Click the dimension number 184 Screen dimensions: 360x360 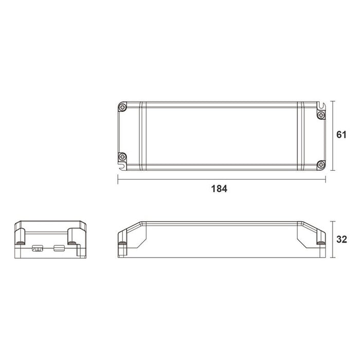pos(219,188)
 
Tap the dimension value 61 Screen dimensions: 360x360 pos(340,135)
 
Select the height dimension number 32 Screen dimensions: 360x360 pos(340,239)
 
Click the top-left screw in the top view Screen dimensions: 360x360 pos(122,107)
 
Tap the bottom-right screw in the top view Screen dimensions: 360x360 pos(321,165)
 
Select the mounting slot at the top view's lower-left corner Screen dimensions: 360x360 pos(122,166)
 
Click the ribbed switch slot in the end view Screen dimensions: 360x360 pos(38,249)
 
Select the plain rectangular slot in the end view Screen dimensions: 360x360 pos(59,249)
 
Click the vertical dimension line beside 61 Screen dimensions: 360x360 pos(334,135)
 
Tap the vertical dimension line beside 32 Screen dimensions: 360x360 pos(334,239)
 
